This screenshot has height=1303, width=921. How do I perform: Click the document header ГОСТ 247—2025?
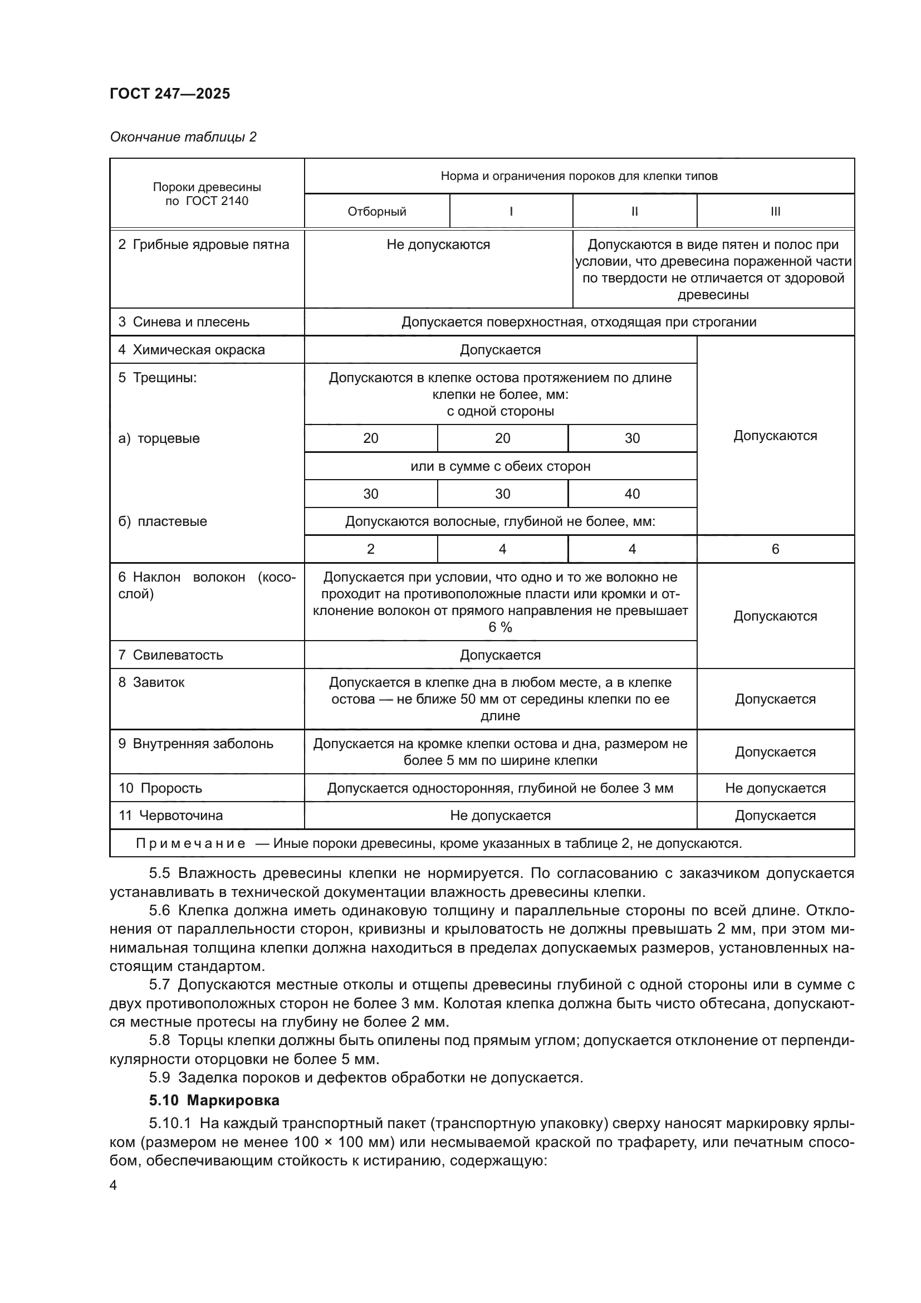170,94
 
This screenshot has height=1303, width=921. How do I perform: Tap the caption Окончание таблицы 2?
183,137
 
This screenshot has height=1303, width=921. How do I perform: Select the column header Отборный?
376,212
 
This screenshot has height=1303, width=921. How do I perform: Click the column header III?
775,212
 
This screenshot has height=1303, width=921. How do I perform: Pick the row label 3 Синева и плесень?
184,322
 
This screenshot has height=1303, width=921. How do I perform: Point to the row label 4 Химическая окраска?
191,350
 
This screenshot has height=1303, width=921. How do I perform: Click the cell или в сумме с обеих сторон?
500,466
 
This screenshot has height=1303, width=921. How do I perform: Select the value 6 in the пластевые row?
775,549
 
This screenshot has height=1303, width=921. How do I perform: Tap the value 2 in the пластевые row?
371,549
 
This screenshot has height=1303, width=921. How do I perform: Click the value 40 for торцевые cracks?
632,494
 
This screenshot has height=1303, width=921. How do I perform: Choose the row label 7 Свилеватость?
171,655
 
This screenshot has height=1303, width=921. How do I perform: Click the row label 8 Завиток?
151,682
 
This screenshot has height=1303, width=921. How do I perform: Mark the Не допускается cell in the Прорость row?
775,788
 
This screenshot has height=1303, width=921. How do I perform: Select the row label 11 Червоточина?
171,816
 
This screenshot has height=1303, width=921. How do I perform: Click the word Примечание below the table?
190,843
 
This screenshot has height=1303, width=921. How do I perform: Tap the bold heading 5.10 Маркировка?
214,1100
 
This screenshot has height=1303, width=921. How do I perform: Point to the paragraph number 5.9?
159,1077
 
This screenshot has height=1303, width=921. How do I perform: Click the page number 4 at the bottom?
113,1185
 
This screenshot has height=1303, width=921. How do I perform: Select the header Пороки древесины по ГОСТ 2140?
207,194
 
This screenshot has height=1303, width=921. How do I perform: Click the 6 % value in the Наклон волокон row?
500,627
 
